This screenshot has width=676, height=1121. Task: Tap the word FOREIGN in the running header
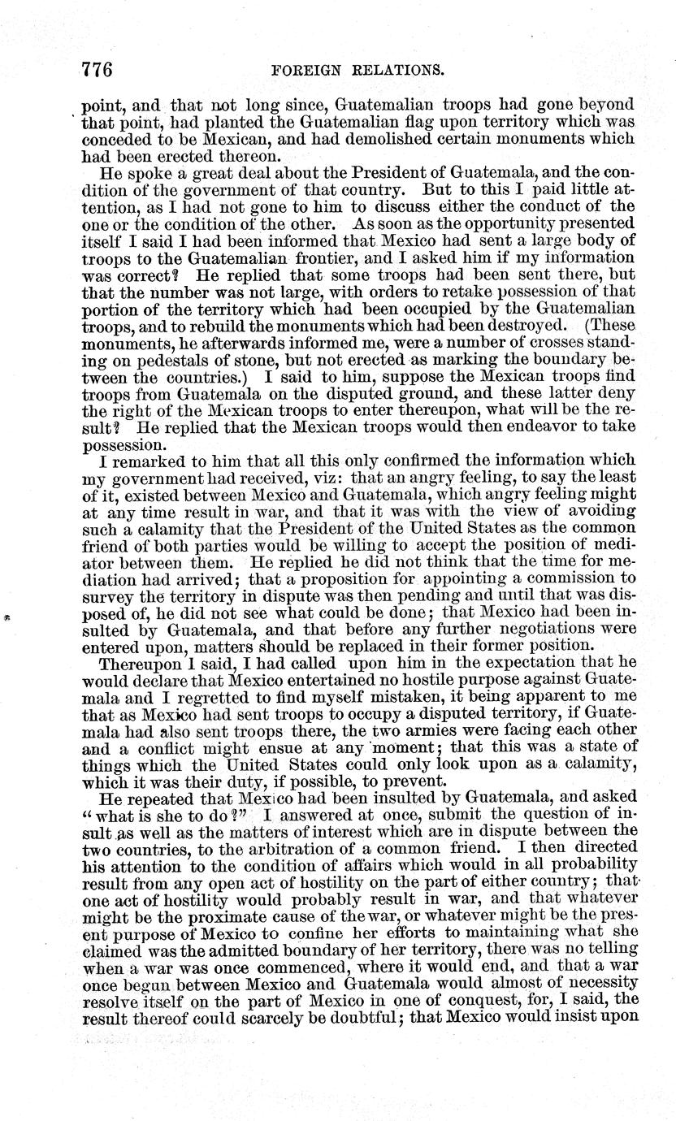coord(313,70)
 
